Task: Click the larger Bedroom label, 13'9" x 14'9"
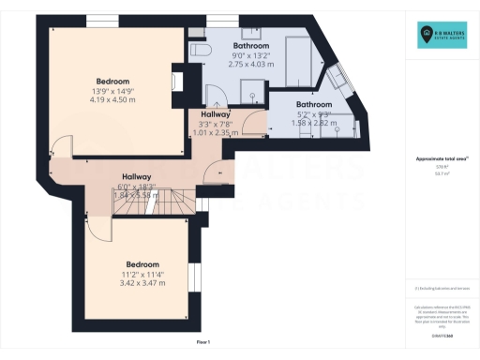click(x=112, y=82)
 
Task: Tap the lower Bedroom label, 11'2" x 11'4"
click(x=143, y=264)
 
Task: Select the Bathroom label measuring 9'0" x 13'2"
click(x=251, y=45)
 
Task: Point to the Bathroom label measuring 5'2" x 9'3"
click(x=314, y=104)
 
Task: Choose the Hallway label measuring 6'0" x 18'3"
click(x=138, y=176)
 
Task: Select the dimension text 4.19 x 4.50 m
click(x=112, y=99)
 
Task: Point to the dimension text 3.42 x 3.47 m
click(x=143, y=282)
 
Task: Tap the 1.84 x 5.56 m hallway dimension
click(x=138, y=194)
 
